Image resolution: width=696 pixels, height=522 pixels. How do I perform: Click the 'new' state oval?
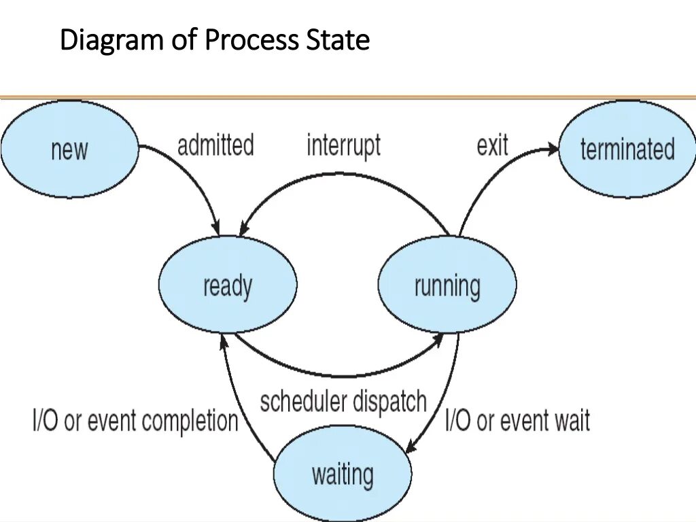69,149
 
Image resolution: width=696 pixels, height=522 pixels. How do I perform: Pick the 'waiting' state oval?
343,473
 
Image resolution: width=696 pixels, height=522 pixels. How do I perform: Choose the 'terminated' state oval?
627,149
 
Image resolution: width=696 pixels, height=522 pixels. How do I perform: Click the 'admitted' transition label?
215,145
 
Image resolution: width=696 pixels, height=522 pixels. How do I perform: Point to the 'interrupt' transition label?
343,145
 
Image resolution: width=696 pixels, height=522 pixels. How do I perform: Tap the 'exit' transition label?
492,145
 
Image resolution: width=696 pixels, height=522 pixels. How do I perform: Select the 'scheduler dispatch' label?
343,402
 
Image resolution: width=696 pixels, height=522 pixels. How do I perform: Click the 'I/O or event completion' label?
135,421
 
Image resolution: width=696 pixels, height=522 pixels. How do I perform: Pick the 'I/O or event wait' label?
517,421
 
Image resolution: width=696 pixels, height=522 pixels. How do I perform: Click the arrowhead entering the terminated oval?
552,150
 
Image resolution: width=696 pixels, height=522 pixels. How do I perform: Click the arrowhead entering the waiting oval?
410,447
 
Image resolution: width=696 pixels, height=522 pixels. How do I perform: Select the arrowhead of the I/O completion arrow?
224,344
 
